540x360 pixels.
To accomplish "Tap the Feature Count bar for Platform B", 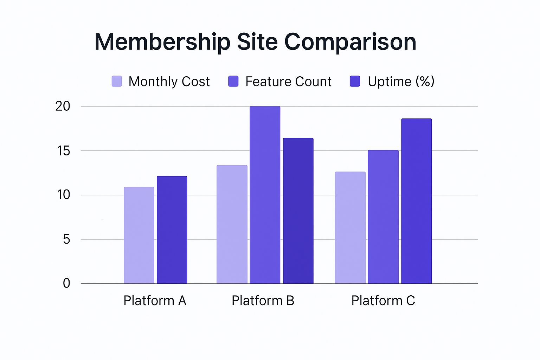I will (265, 195).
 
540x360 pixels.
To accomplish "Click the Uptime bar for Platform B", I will (298, 211).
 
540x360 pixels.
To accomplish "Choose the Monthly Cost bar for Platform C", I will (350, 227).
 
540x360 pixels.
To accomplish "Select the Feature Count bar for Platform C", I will (383, 217).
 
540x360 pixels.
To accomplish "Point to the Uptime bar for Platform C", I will (416, 201).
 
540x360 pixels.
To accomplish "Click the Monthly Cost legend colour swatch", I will (117, 81).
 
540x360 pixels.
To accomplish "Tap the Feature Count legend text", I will (288, 82).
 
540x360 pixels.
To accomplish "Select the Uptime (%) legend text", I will (401, 82).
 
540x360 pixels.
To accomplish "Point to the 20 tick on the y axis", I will (63, 106).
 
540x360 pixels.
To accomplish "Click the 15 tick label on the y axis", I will (64, 151).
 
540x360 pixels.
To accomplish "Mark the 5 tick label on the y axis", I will (66, 239).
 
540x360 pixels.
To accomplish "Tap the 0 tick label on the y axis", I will (66, 283).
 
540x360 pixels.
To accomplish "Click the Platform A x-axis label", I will (155, 301).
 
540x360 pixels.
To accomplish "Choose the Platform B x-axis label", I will (263, 301).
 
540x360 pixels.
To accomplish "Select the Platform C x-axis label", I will (383, 301).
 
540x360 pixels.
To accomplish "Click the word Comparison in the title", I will (350, 42).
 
